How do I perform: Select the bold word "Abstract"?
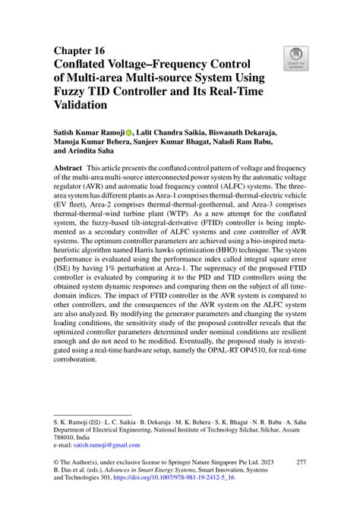[x=68, y=166]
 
